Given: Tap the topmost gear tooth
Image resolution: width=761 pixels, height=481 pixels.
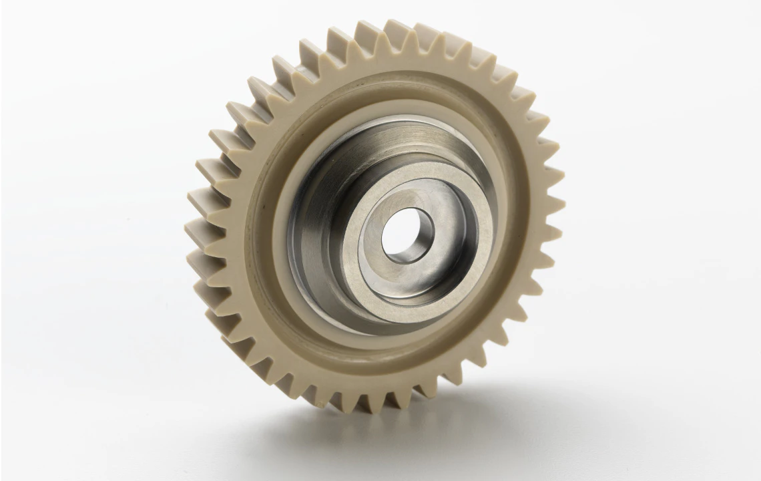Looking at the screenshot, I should (398, 30).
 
